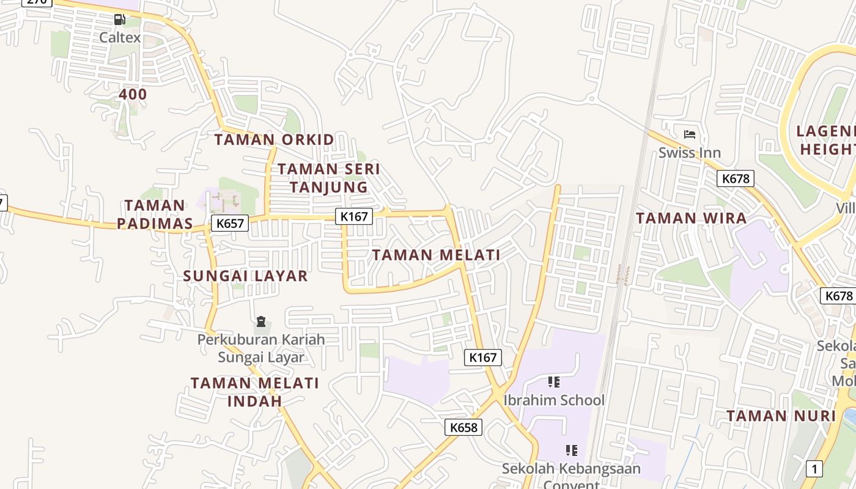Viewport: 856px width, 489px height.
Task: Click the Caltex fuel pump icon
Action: point(120,20)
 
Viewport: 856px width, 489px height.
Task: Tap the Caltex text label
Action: point(120,37)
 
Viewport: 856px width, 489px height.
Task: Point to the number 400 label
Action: point(133,94)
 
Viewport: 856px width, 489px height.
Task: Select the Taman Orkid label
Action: point(275,139)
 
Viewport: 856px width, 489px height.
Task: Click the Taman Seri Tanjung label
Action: point(329,178)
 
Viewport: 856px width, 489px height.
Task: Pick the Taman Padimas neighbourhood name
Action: point(155,215)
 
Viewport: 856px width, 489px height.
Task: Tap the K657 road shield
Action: point(231,223)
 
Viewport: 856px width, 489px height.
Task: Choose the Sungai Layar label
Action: point(246,276)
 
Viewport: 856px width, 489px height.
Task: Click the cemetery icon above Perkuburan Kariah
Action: point(261,322)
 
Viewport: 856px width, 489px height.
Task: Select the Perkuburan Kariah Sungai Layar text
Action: point(261,348)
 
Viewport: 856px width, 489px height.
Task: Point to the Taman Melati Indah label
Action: point(255,392)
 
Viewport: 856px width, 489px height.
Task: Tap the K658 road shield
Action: point(463,427)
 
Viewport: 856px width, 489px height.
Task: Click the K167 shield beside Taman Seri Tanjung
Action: point(354,216)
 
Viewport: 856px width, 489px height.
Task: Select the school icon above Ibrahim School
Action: point(554,383)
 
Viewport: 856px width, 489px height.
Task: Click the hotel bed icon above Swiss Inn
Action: point(690,134)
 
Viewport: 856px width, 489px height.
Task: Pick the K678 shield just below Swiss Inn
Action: point(736,178)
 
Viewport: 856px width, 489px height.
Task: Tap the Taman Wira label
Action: point(692,218)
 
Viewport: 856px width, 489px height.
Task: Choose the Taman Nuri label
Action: point(781,416)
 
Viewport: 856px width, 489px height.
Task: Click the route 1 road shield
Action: point(814,469)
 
